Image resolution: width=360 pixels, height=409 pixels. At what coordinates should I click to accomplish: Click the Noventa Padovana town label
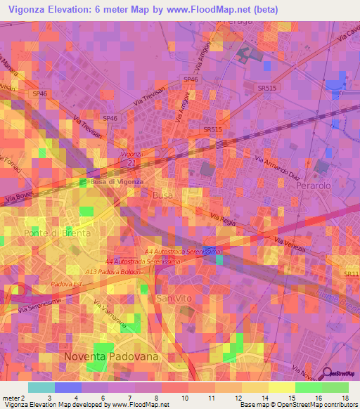click(x=111, y=356)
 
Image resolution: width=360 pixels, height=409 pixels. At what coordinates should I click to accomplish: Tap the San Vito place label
click(x=174, y=299)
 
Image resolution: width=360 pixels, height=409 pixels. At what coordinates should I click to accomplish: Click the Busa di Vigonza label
click(x=117, y=181)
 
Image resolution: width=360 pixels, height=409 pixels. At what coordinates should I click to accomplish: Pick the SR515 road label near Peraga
click(x=267, y=87)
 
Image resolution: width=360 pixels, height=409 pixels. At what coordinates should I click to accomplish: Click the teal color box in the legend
click(x=41, y=387)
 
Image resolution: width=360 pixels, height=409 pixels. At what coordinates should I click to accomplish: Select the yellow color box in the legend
click(x=255, y=387)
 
